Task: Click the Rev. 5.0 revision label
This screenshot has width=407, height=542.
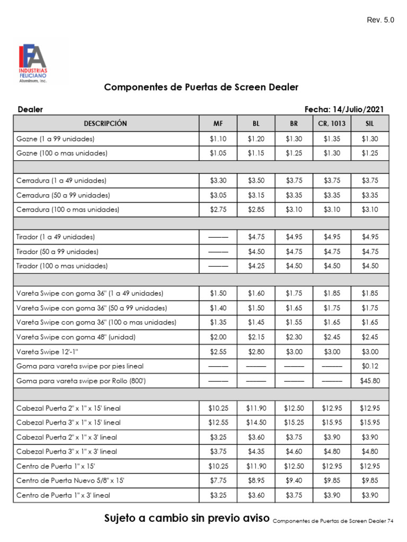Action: [381, 20]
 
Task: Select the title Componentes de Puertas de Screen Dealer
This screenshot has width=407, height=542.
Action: [201, 87]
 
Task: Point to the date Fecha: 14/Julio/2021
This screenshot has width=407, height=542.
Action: [344, 110]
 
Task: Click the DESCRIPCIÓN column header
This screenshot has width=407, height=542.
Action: [105, 123]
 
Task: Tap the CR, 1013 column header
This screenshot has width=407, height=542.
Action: [332, 123]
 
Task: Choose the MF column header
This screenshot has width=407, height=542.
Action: [218, 123]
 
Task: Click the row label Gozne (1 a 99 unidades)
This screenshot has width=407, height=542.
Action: [56, 139]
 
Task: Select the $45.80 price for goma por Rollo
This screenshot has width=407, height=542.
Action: [370, 381]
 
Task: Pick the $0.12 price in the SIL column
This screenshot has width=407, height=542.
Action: [370, 366]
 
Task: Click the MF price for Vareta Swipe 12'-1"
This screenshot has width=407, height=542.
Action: [218, 351]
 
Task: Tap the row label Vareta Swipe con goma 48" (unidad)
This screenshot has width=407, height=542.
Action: [76, 337]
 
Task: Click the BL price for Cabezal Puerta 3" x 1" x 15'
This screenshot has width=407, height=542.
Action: [256, 422]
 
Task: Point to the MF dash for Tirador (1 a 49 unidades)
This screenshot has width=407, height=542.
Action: [218, 237]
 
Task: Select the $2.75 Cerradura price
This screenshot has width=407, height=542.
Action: [218, 210]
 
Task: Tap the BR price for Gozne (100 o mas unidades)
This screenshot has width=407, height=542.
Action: [294, 153]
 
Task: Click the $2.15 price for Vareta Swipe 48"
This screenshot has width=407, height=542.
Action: [256, 337]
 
